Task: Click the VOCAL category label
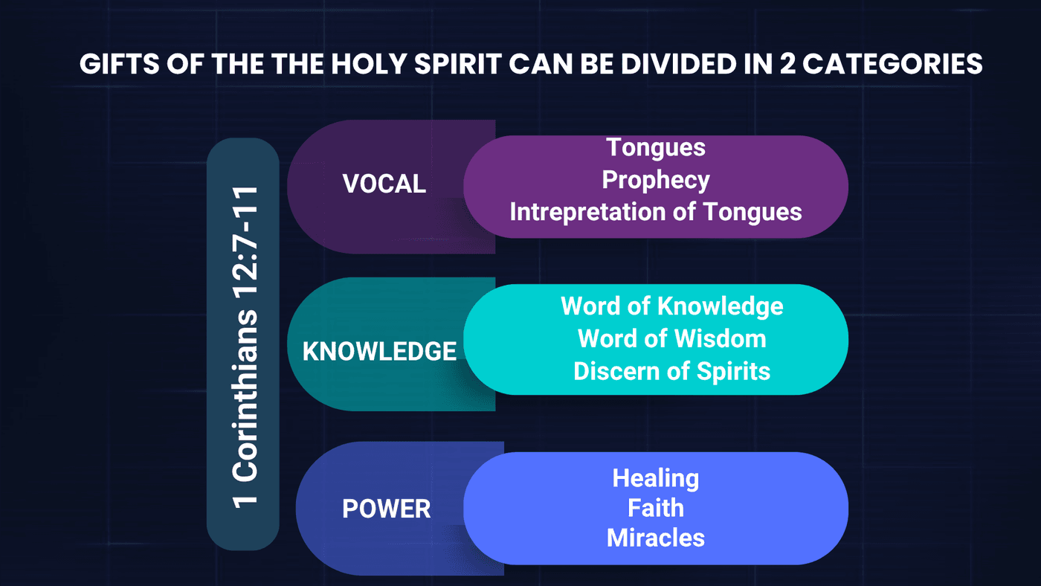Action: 384,184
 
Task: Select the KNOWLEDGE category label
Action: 379,351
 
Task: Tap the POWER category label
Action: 386,509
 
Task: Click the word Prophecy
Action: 656,181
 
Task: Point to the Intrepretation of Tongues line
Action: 656,213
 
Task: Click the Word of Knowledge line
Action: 672,306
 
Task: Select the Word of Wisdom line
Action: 672,338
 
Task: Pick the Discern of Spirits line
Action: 672,372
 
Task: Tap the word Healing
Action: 656,479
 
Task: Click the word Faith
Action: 656,507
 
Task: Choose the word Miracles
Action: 656,538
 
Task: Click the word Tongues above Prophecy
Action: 656,148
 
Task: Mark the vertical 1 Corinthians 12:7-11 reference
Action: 245,347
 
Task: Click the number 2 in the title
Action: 787,64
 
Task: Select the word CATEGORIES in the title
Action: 892,64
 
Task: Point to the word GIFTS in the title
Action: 120,64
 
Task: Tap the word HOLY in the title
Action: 369,64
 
